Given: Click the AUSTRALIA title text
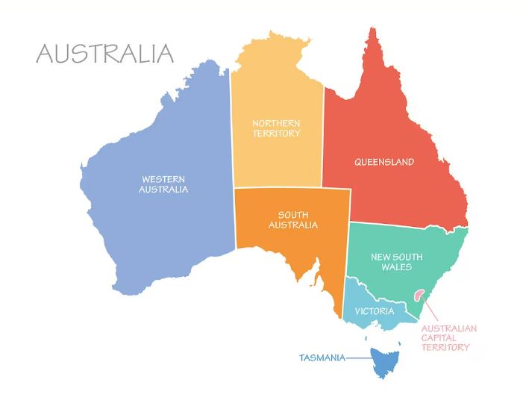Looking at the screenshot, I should pyautogui.click(x=104, y=54).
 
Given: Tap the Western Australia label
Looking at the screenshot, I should pyautogui.click(x=163, y=184).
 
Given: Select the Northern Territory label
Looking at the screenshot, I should pyautogui.click(x=276, y=128).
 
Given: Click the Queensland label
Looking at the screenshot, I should pyautogui.click(x=383, y=162).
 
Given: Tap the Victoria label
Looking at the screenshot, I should pyautogui.click(x=375, y=310).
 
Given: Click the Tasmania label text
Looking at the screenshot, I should pyautogui.click(x=322, y=358).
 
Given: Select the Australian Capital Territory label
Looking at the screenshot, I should pyautogui.click(x=449, y=337).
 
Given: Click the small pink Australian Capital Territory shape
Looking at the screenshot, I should pyautogui.click(x=422, y=297).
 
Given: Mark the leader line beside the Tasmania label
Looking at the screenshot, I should pyautogui.click(x=358, y=358).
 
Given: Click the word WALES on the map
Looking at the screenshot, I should pyautogui.click(x=396, y=267).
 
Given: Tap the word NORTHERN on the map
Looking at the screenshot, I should pyautogui.click(x=276, y=123).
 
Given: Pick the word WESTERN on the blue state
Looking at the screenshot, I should pyautogui.click(x=163, y=178).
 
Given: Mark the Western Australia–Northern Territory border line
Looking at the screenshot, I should pyautogui.click(x=231, y=134).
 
